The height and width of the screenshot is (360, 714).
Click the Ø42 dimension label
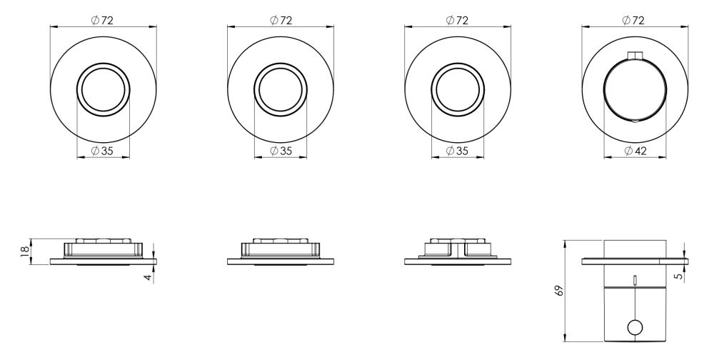click(635, 151)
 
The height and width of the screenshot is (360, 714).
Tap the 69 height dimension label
click(560, 290)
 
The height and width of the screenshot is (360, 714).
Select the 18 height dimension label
click(24, 251)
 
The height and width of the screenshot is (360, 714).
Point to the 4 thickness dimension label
click(148, 276)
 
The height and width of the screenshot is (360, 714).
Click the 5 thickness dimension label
click(679, 276)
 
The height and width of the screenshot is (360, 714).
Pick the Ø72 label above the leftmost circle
click(102, 20)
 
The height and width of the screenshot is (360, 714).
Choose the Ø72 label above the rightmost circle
click(633, 20)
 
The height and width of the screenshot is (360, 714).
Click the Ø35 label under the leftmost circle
click(102, 151)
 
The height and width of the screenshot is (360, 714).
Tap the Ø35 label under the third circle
click(457, 151)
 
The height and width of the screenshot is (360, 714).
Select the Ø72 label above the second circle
click(281, 20)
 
